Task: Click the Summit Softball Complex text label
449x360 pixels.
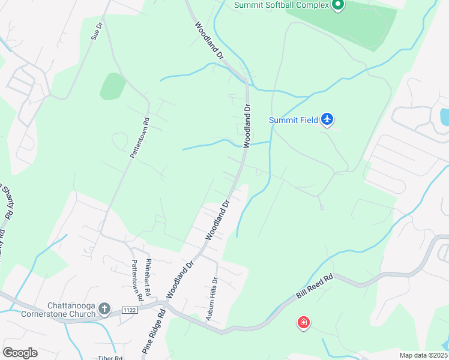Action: (x=282, y=5)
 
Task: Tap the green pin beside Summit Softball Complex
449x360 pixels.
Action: (x=337, y=5)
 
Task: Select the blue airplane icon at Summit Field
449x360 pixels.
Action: (x=327, y=119)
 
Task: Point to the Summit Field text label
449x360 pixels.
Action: (x=293, y=120)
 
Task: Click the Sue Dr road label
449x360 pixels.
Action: (x=97, y=31)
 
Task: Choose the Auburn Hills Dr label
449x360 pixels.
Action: (x=211, y=299)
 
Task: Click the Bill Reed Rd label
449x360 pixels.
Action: (x=315, y=288)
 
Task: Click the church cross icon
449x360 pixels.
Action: (x=104, y=310)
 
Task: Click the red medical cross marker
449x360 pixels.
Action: (x=304, y=323)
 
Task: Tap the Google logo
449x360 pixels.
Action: (x=20, y=353)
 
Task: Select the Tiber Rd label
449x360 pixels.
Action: (x=110, y=358)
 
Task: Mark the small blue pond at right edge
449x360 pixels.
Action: (x=444, y=116)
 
